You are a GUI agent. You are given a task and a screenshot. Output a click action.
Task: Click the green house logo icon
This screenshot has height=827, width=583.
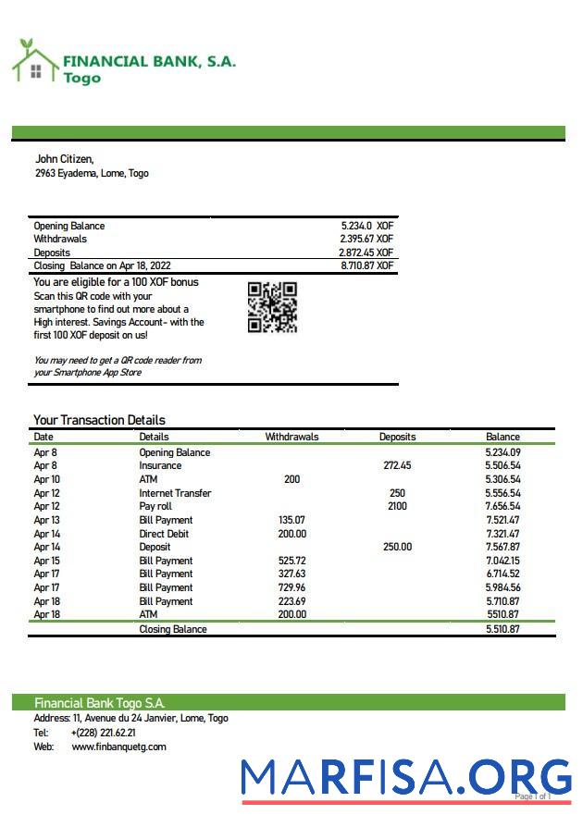[x=34, y=62]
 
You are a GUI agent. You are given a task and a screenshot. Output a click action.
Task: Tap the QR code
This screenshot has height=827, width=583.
[x=272, y=307]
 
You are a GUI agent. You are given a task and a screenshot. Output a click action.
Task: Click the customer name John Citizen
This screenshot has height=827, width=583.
[x=64, y=159]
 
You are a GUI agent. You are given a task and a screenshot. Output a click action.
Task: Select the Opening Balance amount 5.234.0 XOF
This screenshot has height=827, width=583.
[x=366, y=226]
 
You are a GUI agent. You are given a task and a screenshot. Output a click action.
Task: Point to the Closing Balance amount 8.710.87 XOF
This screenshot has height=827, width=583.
[x=366, y=265]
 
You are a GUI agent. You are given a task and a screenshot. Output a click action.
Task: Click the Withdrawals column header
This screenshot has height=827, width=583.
[x=291, y=437]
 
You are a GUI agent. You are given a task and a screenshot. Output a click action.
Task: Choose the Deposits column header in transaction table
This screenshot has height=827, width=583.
[x=397, y=437]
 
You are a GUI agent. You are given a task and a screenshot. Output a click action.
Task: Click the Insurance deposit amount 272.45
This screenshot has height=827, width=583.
[x=397, y=466]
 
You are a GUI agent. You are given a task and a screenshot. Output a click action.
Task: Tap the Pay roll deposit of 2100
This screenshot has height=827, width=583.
[x=397, y=507]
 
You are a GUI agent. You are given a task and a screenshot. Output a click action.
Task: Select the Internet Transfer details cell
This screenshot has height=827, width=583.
[x=175, y=493]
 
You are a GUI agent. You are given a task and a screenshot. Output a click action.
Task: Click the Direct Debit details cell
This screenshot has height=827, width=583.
[x=165, y=534]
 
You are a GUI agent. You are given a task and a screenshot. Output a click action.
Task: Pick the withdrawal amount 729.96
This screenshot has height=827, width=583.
[x=291, y=587]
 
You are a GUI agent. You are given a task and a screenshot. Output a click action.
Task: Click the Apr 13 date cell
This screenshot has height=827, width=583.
[x=46, y=520]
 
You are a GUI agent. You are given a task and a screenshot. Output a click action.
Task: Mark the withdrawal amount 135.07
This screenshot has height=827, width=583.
[x=291, y=520]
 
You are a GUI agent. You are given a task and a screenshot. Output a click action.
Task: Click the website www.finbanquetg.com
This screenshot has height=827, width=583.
[x=118, y=747]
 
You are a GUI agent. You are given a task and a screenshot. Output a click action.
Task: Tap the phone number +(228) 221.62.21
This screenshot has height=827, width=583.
[x=103, y=733]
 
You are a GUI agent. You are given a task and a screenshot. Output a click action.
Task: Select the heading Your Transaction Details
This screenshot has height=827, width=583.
[x=99, y=420]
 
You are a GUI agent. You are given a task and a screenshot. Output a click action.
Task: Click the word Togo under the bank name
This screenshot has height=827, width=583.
[x=81, y=79]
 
